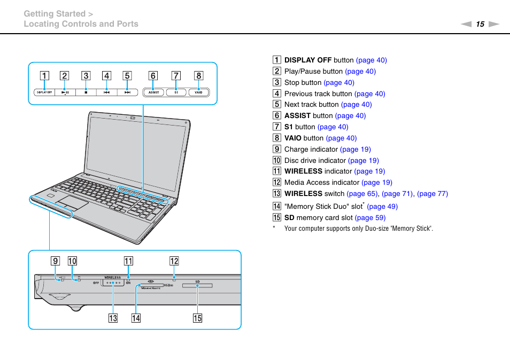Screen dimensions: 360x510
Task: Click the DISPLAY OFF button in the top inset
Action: point(44,92)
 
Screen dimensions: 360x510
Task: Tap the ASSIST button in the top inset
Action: point(153,92)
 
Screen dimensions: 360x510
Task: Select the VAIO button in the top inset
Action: point(198,92)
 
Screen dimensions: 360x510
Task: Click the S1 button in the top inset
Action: point(176,92)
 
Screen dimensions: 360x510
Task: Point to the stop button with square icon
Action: point(86,92)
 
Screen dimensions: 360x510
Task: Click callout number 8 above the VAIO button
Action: point(198,76)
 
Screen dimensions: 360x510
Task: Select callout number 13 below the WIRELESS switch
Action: point(113,319)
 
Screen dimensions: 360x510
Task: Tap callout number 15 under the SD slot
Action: point(198,319)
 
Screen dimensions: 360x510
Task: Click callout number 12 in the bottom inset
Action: point(174,261)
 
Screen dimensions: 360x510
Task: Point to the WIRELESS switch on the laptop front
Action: point(113,284)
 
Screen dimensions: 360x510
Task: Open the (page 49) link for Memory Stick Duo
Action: point(382,206)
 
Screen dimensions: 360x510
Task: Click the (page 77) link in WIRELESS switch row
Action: point(432,193)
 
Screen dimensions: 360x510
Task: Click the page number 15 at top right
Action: point(480,24)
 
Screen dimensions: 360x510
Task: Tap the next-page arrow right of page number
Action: point(494,24)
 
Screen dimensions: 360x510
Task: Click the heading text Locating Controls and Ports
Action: point(81,24)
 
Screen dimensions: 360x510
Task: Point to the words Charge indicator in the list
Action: point(311,149)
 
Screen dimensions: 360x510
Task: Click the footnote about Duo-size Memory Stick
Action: point(358,229)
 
